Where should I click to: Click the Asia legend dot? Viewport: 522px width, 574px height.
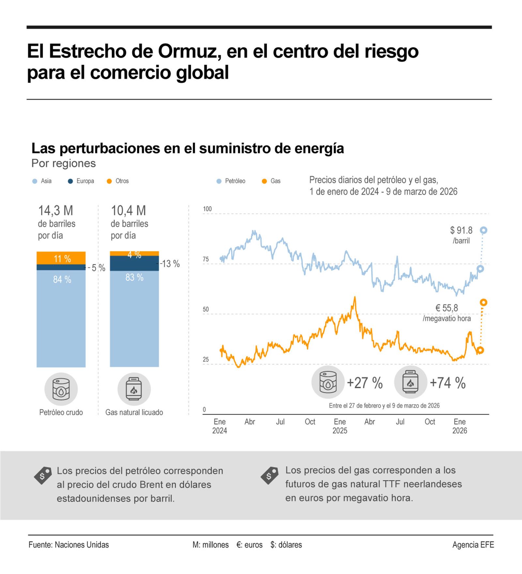pyautogui.click(x=35, y=181)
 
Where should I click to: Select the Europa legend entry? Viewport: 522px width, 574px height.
pyautogui.click(x=82, y=181)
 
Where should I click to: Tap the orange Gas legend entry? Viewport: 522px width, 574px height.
pyautogui.click(x=271, y=181)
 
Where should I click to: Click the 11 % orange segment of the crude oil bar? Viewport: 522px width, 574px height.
pyautogui.click(x=61, y=258)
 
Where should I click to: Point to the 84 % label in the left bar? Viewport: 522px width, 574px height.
pyautogui.click(x=62, y=279)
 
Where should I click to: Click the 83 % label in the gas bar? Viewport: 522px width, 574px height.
pyautogui.click(x=134, y=278)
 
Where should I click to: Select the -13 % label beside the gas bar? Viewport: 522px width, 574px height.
pyautogui.click(x=170, y=264)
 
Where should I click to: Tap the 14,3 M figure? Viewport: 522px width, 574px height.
pyautogui.click(x=56, y=211)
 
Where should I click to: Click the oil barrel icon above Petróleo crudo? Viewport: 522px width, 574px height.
pyautogui.click(x=61, y=389)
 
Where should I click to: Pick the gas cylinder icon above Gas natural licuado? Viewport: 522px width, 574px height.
pyautogui.click(x=134, y=389)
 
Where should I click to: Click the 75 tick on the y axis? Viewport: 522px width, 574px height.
pyautogui.click(x=206, y=260)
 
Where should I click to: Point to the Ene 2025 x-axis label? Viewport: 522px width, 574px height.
pyautogui.click(x=340, y=426)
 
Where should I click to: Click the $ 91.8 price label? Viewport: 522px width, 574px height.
pyautogui.click(x=461, y=231)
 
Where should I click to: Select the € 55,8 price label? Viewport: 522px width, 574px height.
pyautogui.click(x=447, y=308)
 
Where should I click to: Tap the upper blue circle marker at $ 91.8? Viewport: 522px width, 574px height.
pyautogui.click(x=484, y=230)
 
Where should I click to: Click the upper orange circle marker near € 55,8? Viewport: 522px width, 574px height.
pyautogui.click(x=483, y=302)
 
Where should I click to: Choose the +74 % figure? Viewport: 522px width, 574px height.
pyautogui.click(x=447, y=383)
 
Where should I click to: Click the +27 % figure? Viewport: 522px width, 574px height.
pyautogui.click(x=364, y=383)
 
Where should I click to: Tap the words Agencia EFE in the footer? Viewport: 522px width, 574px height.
pyautogui.click(x=473, y=545)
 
